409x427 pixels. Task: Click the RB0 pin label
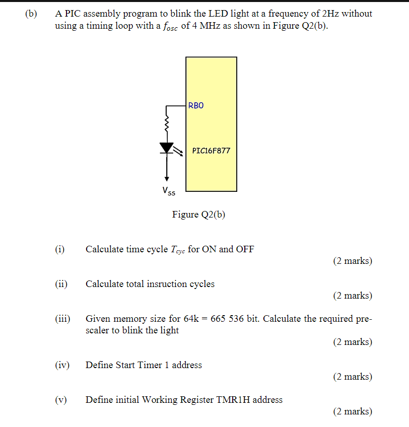point(196,106)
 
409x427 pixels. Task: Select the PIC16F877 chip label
point(211,151)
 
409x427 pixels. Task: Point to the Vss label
point(169,191)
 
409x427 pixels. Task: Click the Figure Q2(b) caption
point(198,215)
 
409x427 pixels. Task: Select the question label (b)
point(31,14)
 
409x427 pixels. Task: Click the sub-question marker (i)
point(60,249)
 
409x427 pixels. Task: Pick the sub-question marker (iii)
point(62,319)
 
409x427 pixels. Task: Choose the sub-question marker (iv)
point(62,365)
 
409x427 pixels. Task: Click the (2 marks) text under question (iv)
point(352,377)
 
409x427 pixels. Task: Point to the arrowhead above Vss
point(167,178)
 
